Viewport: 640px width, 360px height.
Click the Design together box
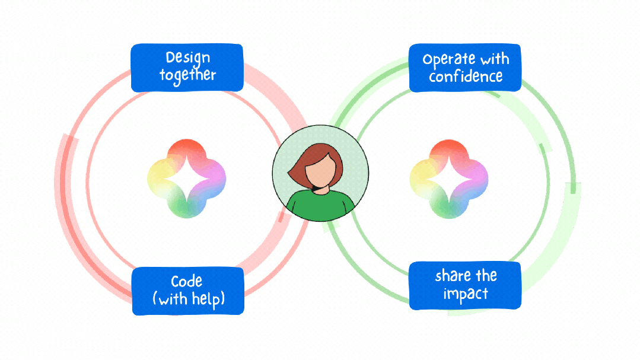tap(187, 67)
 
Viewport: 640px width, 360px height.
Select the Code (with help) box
tap(188, 290)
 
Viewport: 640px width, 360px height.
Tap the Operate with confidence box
tap(466, 68)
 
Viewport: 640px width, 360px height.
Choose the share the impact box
tap(466, 285)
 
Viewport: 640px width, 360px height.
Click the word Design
tap(188, 58)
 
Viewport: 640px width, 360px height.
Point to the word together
tap(187, 75)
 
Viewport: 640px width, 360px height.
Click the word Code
tap(187, 281)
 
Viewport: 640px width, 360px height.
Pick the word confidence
tap(466, 77)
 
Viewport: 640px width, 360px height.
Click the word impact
tap(466, 294)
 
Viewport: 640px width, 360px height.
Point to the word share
tap(451, 276)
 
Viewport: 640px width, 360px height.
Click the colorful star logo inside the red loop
tap(187, 178)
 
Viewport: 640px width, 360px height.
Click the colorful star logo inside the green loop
tap(449, 178)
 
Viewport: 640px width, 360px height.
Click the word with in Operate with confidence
tap(495, 59)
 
